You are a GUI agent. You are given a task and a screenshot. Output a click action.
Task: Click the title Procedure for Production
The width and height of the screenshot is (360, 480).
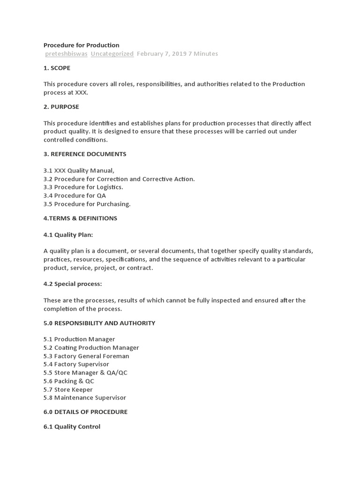pos(81,45)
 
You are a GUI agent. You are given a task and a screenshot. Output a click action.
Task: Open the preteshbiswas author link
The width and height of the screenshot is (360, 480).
pos(66,54)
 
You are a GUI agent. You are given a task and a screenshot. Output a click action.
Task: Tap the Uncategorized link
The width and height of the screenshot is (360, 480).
pos(112,54)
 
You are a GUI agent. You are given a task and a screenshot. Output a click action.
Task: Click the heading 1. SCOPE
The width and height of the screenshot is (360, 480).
pos(57,68)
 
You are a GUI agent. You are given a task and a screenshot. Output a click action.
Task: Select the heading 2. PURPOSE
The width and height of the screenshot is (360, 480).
pos(61,107)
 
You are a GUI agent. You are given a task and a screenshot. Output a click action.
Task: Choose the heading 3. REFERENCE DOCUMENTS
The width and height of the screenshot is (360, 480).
pos(85,154)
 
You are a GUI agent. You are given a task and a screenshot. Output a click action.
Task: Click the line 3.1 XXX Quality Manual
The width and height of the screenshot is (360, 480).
pos(79,171)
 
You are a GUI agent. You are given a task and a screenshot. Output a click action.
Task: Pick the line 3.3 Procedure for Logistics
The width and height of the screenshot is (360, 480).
pos(83,187)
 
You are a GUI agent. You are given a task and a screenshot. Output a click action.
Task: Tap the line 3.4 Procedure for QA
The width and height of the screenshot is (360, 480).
pos(75,195)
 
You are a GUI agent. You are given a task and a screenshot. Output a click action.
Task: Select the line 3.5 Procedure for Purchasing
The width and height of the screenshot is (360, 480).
pos(87,204)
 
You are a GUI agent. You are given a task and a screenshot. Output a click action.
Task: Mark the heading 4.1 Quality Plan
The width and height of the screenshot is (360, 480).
pos(71,234)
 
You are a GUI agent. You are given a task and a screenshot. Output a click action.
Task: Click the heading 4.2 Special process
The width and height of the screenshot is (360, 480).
pos(73,284)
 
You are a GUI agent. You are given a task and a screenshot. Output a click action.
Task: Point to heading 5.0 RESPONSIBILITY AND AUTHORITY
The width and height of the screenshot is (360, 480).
pos(99,323)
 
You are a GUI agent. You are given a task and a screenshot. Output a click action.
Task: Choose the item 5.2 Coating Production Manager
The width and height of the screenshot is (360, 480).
pos(91,348)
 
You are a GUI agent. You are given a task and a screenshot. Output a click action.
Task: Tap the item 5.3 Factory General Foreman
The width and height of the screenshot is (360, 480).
pos(86,356)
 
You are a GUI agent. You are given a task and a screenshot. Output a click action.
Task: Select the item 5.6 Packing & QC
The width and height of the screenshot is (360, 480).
pos(69,381)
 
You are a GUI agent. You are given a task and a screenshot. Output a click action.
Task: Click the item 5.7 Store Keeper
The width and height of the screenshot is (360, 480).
pos(68,390)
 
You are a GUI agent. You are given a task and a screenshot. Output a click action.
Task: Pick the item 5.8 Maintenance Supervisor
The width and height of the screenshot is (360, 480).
pos(85,398)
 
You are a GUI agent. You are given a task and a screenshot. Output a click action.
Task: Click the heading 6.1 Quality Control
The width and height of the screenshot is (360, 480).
pos(72,427)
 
